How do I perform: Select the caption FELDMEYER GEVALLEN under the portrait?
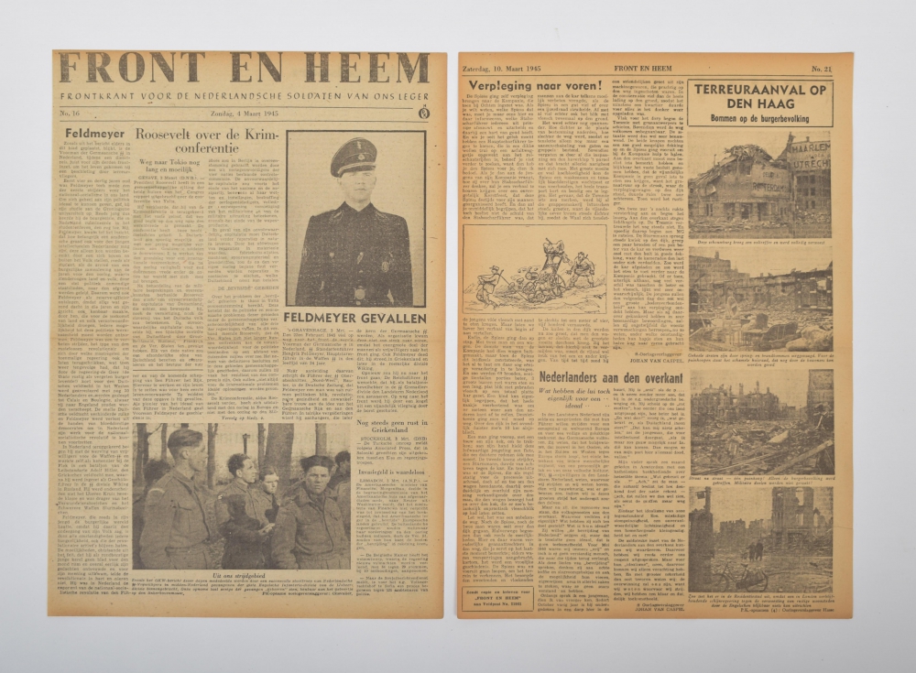click(x=354, y=316)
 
